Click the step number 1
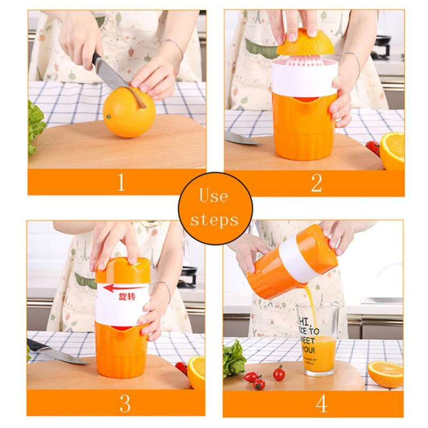121,182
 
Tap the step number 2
316,182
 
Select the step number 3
125,403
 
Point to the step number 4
321,403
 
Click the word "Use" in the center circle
214,196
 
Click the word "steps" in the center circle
215,219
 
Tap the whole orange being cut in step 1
129,113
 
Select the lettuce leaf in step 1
35,126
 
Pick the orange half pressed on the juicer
305,43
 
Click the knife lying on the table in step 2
241,138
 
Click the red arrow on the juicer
124,288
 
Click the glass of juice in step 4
317,338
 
